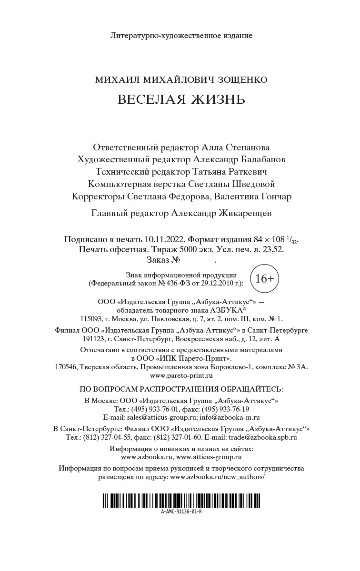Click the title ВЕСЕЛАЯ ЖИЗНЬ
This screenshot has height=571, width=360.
pos(181,99)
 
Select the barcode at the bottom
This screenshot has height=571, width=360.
pos(181,501)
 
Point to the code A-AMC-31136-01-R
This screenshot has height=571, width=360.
pos(181,512)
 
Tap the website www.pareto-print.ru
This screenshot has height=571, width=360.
pos(181,375)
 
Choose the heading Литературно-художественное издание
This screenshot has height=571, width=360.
pos(181,35)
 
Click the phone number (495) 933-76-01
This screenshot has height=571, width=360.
pos(154,409)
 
